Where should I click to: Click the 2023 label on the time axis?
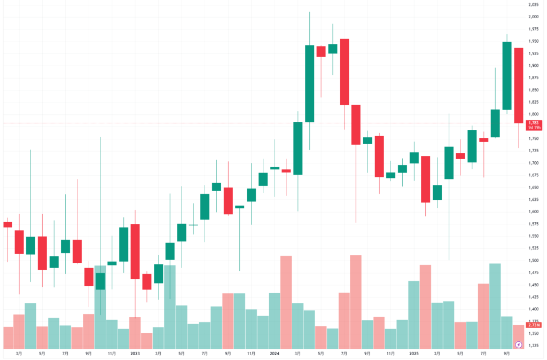click(x=135, y=354)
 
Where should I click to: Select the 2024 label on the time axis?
click(x=275, y=354)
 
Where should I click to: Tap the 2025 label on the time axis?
click(x=414, y=354)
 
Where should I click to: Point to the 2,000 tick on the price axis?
click(x=533, y=17)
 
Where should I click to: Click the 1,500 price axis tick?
click(x=533, y=261)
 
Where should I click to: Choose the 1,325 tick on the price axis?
click(x=533, y=346)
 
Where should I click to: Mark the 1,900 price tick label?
click(x=533, y=66)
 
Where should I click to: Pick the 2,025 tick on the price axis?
click(x=533, y=4)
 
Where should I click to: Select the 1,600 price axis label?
click(x=533, y=212)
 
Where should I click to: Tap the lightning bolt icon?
click(x=519, y=345)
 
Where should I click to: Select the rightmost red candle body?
click(x=519, y=85)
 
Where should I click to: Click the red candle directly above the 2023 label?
click(x=135, y=251)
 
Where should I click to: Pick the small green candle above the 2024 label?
click(x=275, y=168)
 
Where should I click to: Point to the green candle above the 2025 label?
click(x=414, y=158)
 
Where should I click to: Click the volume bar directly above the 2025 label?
click(x=414, y=315)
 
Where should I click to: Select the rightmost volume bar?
click(x=519, y=336)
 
